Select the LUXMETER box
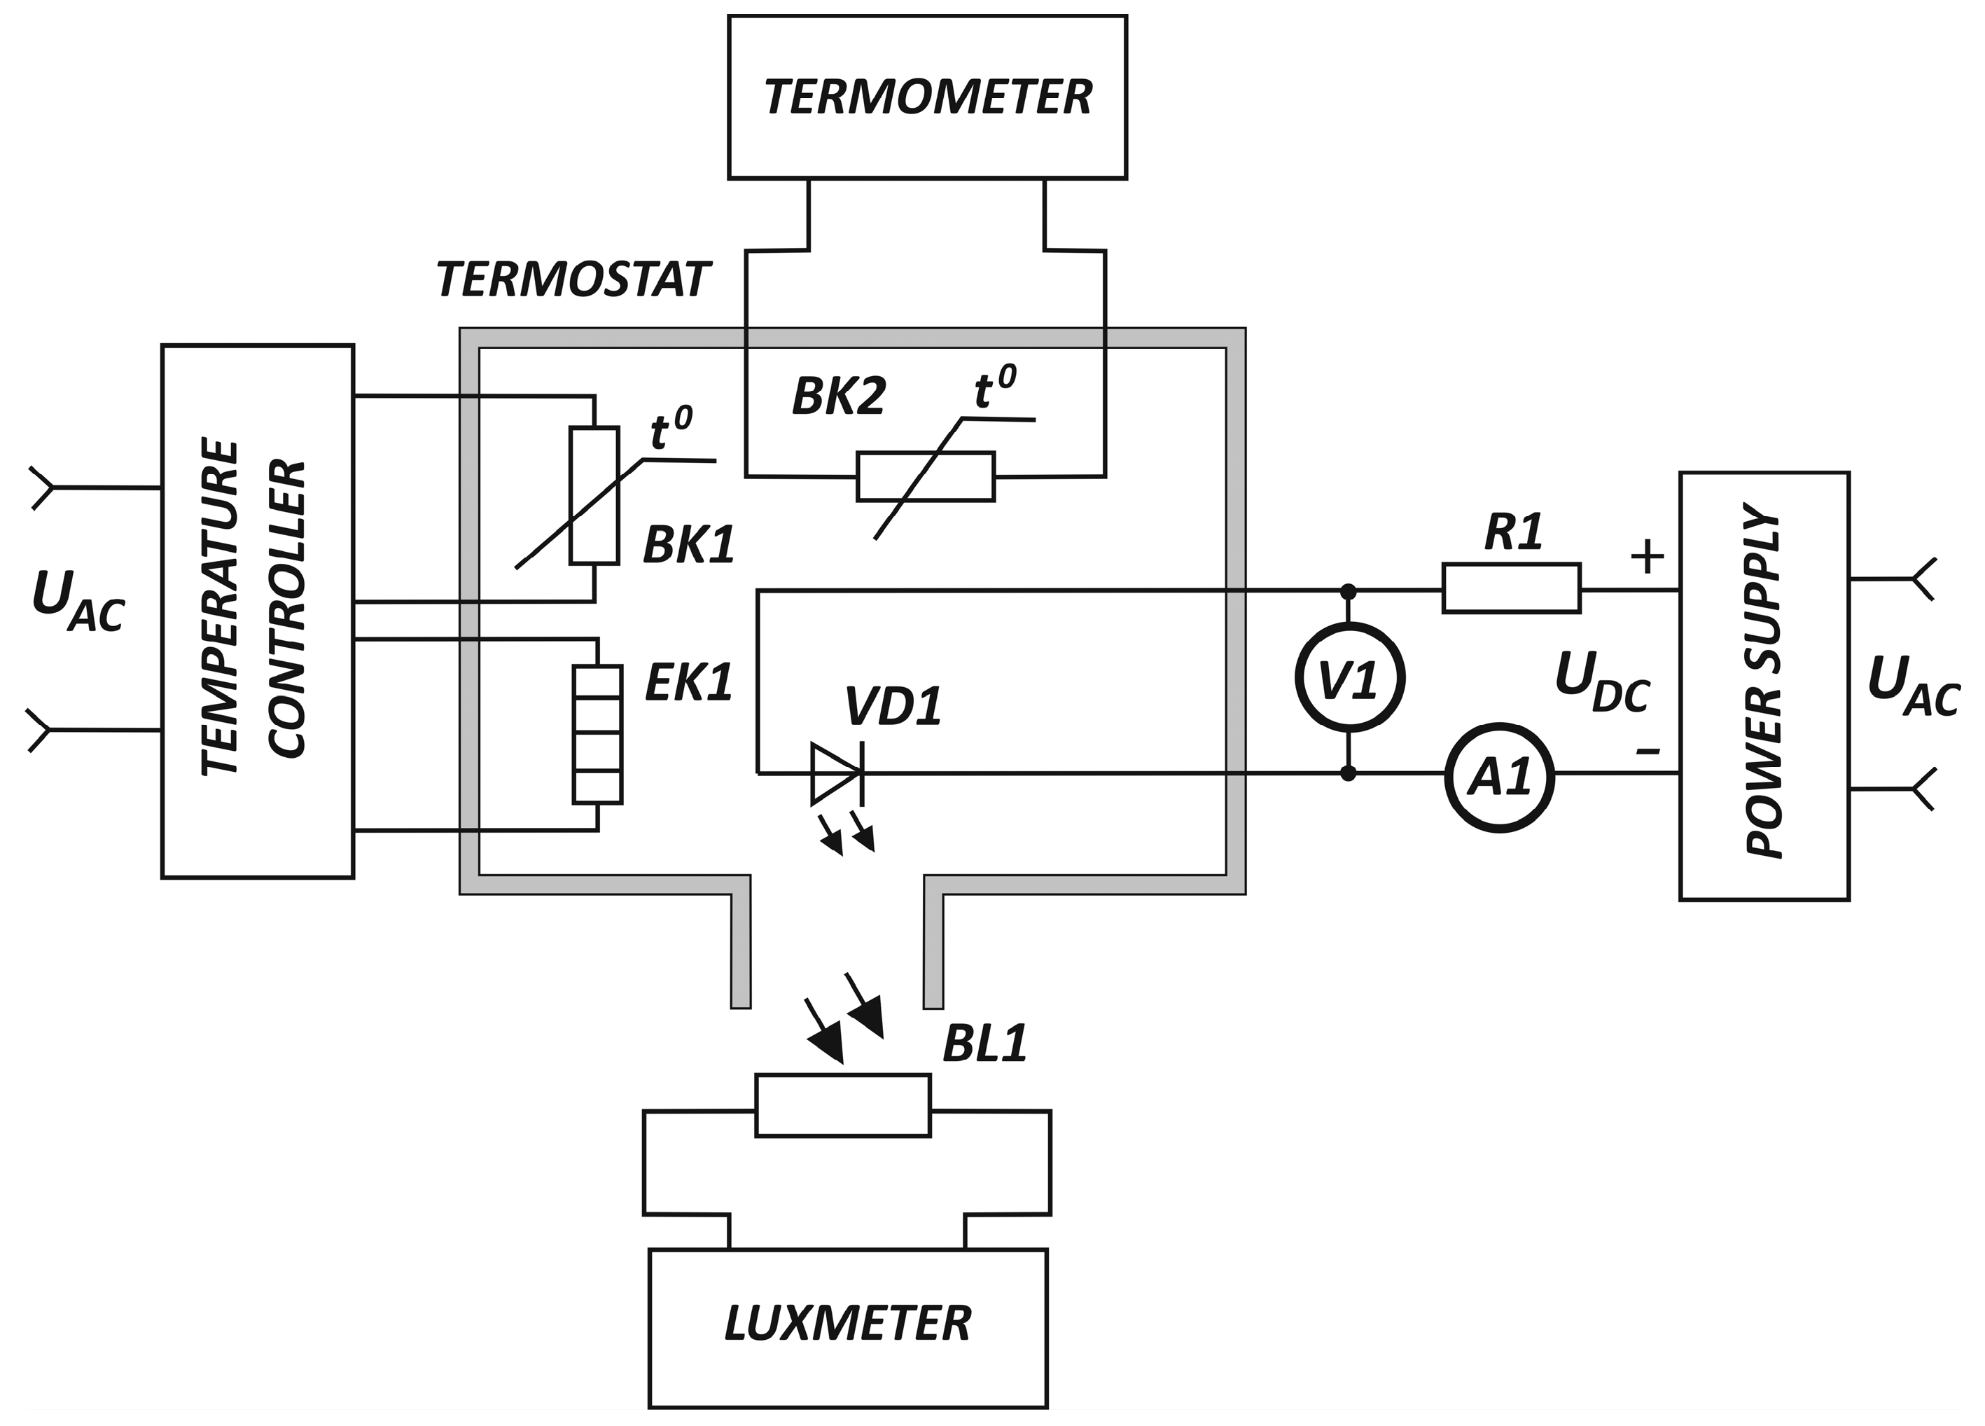point(847,1323)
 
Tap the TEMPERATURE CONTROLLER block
point(258,611)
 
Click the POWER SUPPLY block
point(1764,686)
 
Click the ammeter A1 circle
point(1498,777)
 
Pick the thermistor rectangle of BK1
point(594,494)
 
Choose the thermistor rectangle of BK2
point(925,476)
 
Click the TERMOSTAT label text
point(573,280)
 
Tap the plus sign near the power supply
point(1647,556)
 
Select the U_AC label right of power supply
point(1912,686)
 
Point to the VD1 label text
point(893,707)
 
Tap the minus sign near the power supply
point(1647,750)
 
